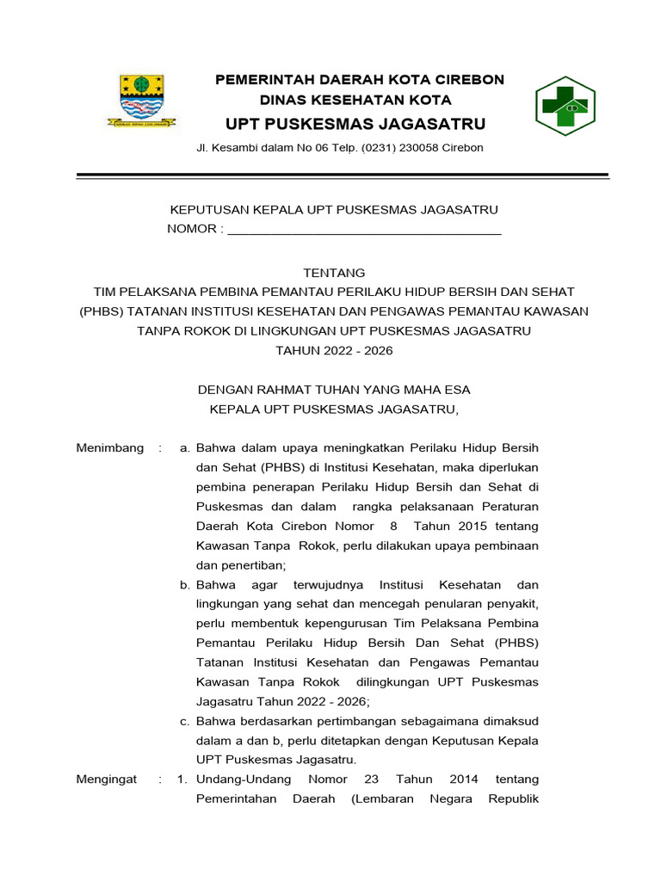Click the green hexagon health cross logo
pos(565,107)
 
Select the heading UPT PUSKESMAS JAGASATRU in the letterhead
pos(355,123)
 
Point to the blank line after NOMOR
pos(363,230)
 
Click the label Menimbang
pos(110,448)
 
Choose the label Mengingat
pos(107,779)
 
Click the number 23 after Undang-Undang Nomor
pos(371,779)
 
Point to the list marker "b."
pos(185,585)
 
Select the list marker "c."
pos(185,721)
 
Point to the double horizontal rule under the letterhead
pos(343,176)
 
